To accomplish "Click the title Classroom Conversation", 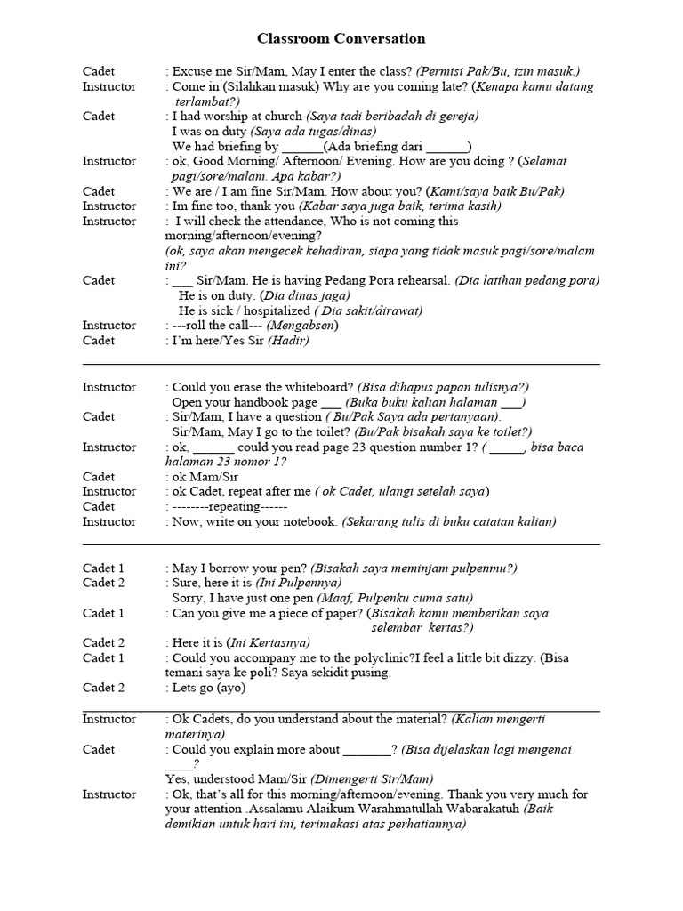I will [x=341, y=38].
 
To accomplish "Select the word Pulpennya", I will [x=285, y=583].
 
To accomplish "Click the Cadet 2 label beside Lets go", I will [x=104, y=688].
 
